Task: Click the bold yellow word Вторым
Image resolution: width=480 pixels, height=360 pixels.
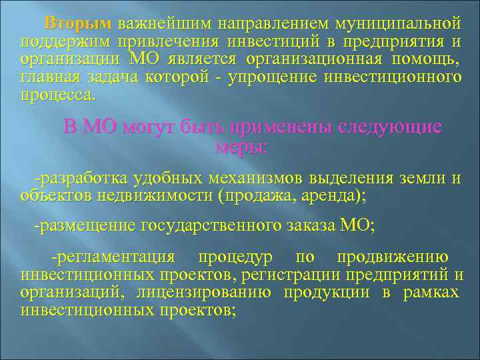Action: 77,25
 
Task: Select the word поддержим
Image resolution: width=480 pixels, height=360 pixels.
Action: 59,43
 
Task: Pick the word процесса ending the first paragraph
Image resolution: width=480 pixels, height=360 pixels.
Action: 58,95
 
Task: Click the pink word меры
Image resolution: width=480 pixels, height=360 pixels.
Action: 241,147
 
